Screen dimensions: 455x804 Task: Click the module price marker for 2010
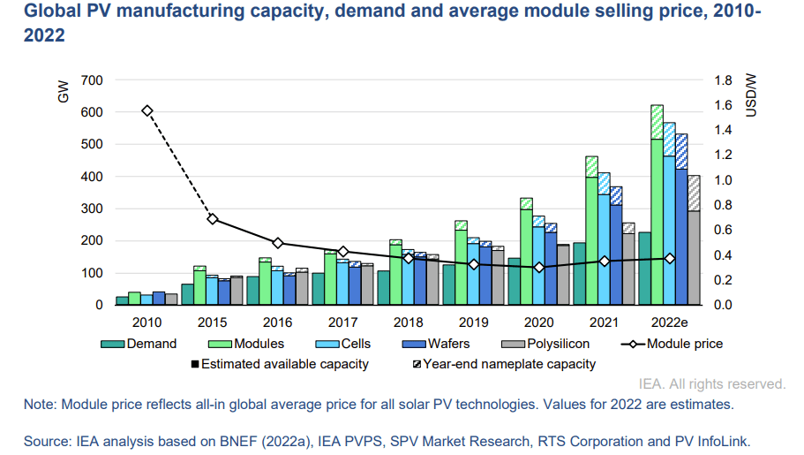point(147,110)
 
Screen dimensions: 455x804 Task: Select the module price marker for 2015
point(212,219)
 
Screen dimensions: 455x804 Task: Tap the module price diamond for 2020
point(538,268)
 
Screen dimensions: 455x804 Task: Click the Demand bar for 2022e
point(645,269)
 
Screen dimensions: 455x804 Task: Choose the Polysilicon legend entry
point(560,344)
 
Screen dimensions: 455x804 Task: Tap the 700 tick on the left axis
point(92,80)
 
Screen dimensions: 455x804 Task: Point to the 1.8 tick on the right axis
point(723,80)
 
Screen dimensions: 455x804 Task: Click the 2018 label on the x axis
point(408,322)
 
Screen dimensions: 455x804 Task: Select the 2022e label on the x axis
point(669,322)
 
